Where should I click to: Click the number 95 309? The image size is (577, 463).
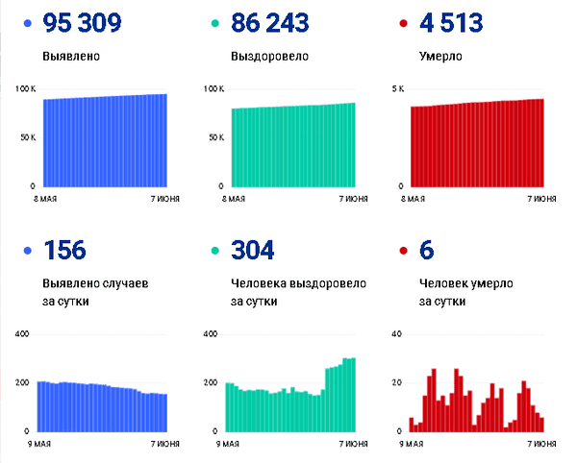(83, 23)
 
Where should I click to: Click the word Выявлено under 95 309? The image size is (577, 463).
(71, 57)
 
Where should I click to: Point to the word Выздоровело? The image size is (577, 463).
(270, 57)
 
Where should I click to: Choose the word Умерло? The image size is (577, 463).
(441, 57)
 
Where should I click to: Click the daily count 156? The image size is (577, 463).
(64, 251)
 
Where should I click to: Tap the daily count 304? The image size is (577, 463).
(253, 251)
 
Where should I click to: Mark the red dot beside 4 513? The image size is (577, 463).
(403, 24)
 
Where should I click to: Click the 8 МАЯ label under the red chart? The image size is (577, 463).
(414, 199)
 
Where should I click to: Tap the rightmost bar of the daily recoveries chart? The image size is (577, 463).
(353, 395)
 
